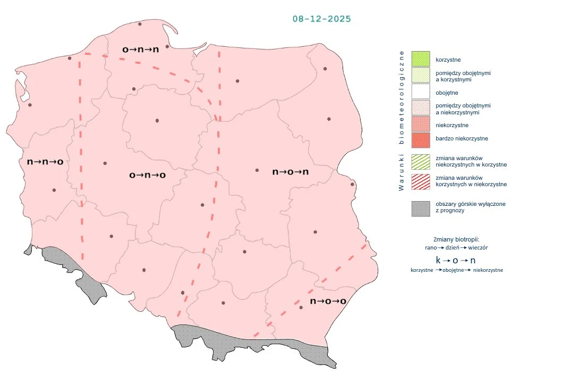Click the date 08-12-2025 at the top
coord(321,19)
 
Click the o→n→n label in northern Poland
coord(140,49)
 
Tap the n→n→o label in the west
coord(45,161)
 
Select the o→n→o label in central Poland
coord(148,175)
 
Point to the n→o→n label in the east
coord(291,172)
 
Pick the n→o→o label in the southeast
coord(328,301)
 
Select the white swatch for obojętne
coord(420,93)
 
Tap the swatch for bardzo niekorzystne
coord(420,140)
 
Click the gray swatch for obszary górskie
coord(420,208)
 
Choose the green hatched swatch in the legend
coord(420,162)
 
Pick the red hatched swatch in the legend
coord(420,181)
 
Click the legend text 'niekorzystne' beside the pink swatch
coord(451,125)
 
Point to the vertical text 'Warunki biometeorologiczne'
coord(402,120)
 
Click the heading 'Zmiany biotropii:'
coord(456,239)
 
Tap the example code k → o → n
coord(456,260)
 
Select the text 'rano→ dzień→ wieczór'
coord(456,248)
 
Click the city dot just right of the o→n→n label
coord(167,47)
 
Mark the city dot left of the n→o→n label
coord(257,170)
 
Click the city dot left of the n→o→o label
coord(301,307)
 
